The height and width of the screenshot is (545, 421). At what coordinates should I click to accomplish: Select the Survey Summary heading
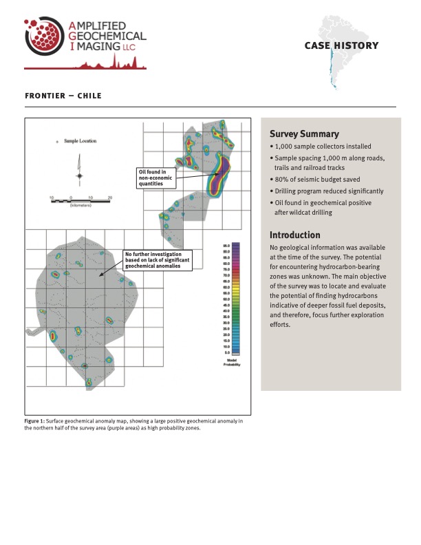pyautogui.click(x=304, y=134)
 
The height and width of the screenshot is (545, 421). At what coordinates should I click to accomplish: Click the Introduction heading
pyautogui.click(x=295, y=235)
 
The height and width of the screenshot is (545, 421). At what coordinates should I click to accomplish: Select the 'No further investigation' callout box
pyautogui.click(x=158, y=259)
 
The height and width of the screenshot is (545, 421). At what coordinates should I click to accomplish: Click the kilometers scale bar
pyautogui.click(x=80, y=202)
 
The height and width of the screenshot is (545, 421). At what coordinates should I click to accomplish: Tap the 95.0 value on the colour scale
pyautogui.click(x=226, y=246)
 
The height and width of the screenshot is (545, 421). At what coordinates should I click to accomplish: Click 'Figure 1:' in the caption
pyautogui.click(x=34, y=420)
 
